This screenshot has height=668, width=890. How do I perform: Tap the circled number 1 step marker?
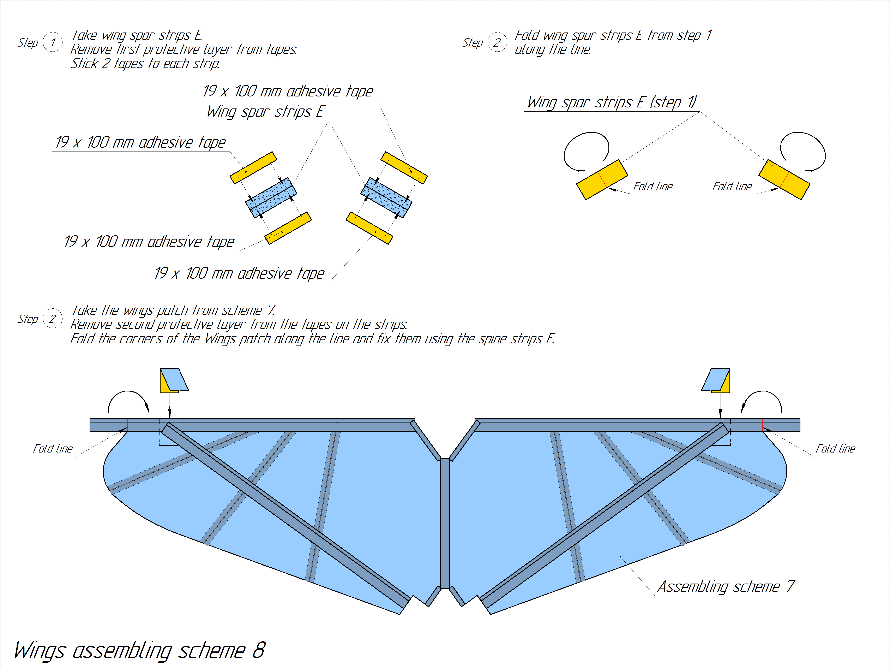coord(53,42)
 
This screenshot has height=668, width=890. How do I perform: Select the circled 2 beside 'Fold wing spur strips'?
coord(497,42)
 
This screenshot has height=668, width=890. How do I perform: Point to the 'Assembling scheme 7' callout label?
coord(726,586)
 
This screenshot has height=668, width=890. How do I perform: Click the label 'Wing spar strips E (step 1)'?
coord(612,102)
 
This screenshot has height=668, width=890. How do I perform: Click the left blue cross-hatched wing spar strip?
coord(271,198)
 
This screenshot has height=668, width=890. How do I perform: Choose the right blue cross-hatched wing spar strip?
coord(386,198)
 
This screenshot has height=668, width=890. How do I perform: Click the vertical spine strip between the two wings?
coord(445,524)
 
